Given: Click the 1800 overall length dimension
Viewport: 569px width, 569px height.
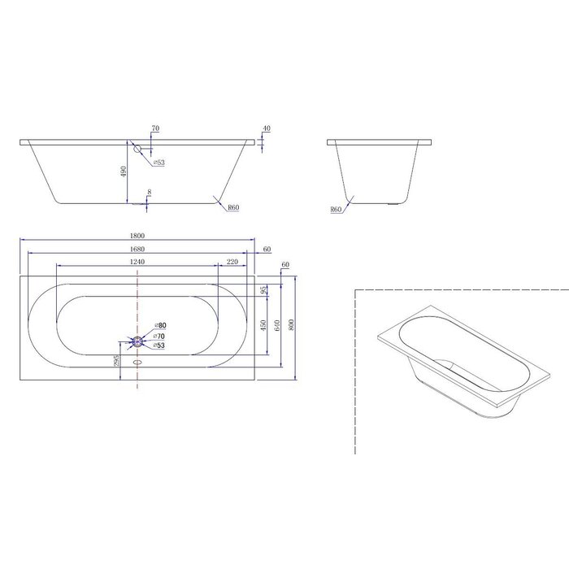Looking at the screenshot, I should click(137, 235).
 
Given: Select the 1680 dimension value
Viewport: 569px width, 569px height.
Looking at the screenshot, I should click(137, 248).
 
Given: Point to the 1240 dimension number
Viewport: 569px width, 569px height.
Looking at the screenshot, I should click(137, 261).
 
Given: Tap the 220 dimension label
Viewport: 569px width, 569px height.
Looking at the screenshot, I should click(232, 261).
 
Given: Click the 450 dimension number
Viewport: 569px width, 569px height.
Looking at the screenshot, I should click(263, 324).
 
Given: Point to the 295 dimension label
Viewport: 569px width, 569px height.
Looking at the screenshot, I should click(119, 360).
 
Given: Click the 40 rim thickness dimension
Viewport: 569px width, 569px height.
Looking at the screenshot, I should click(267, 129).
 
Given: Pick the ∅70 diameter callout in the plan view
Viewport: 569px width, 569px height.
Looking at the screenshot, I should click(160, 336).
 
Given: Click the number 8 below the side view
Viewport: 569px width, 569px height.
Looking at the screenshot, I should click(148, 193).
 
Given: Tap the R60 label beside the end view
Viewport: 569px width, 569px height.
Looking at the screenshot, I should click(335, 209).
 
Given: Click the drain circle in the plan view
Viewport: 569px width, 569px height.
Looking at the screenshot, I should click(137, 341).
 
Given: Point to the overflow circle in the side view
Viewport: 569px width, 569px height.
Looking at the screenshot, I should click(137, 150).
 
